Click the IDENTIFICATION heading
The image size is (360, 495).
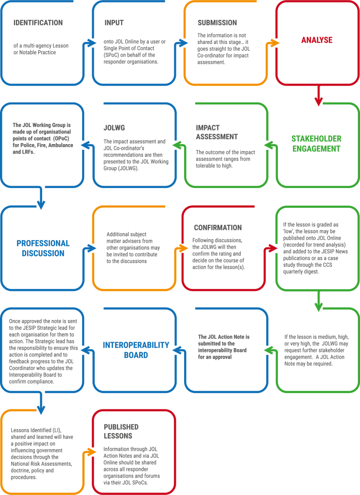pos(38,23)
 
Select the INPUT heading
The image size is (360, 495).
pos(114,23)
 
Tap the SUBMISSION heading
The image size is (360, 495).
pos(217,23)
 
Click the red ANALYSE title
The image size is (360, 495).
pos(317,40)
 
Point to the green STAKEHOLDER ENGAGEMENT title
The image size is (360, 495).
pos(316,144)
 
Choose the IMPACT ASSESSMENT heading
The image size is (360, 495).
pos(217,132)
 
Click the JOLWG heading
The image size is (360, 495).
pos(114,128)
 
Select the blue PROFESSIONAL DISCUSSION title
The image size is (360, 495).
pos(43,248)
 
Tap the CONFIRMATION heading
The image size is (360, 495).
pos(218,228)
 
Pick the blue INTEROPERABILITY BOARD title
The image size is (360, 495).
pos(136,350)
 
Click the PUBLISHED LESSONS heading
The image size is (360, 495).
pos(121,431)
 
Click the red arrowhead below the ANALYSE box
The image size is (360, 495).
pos(318,102)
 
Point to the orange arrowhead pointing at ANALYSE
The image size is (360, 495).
pos(275,43)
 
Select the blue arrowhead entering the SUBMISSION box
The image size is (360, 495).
pos(183,43)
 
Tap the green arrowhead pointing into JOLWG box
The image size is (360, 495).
pos(177,145)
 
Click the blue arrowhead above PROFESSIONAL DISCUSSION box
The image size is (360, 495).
pos(41,204)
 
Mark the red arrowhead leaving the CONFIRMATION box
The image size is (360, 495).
pos(273,248)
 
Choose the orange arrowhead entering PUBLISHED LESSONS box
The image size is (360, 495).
pos(91,452)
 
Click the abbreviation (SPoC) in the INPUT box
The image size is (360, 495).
pos(113,55)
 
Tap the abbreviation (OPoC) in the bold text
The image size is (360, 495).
pos(61,139)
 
